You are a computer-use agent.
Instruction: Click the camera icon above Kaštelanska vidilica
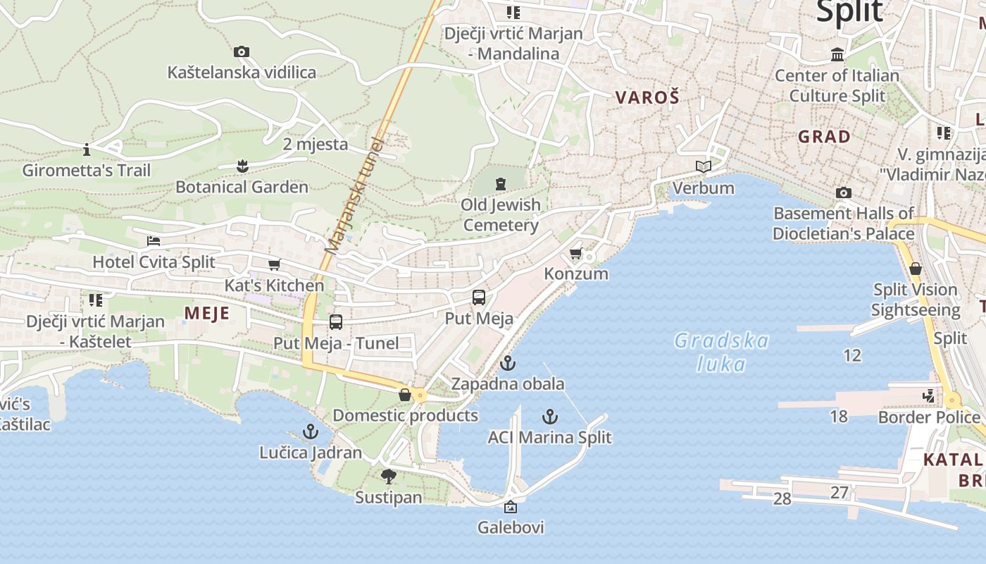click(242, 51)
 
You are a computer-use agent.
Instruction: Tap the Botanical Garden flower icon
click(242, 166)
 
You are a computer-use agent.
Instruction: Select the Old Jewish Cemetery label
click(501, 215)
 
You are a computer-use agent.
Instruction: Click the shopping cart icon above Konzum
click(576, 253)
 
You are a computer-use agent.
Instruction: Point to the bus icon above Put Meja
click(479, 297)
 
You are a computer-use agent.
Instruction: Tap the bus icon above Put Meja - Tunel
click(336, 322)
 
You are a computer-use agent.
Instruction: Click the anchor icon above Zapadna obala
click(507, 364)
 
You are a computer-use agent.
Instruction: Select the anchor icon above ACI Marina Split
click(550, 416)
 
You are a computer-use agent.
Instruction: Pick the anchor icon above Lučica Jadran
click(310, 431)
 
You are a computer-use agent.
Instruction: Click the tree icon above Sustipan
click(388, 477)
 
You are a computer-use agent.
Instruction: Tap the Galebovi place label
click(511, 527)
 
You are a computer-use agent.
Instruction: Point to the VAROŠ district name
click(647, 97)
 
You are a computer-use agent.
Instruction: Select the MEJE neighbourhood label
click(207, 313)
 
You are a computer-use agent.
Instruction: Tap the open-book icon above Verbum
click(703, 166)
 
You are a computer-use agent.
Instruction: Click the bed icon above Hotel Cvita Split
click(154, 241)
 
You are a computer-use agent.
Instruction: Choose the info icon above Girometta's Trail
click(87, 149)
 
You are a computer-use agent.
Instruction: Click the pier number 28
click(782, 499)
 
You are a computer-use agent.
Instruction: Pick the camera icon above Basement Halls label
click(843, 192)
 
